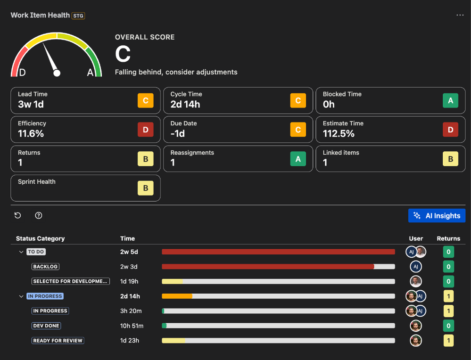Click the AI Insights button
click(437, 216)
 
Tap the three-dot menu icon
click(460, 15)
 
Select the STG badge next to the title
click(78, 16)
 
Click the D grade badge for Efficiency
click(145, 130)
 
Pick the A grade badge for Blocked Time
click(450, 100)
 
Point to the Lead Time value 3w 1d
click(31, 105)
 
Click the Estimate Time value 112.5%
click(339, 134)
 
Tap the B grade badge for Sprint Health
click(145, 188)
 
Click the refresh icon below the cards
click(18, 215)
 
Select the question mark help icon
click(39, 215)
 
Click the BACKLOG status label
click(45, 267)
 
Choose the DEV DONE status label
click(46, 326)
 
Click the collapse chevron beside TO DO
click(21, 252)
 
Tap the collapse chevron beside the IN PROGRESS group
click(21, 296)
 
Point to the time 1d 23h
click(130, 341)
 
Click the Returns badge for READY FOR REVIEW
click(448, 341)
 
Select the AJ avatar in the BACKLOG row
click(415, 267)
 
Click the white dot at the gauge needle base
click(57, 73)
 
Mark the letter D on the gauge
click(22, 73)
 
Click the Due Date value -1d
click(178, 134)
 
